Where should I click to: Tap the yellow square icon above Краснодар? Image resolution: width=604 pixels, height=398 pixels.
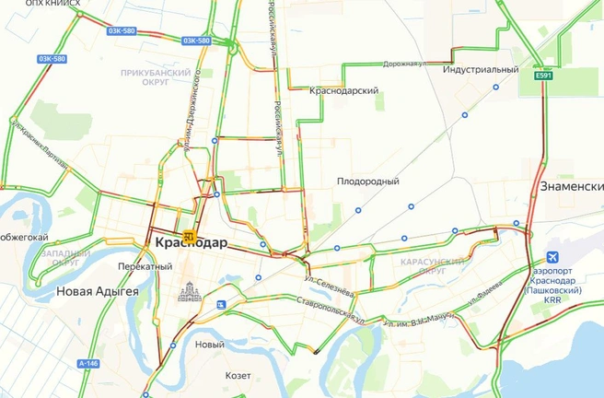[189, 235]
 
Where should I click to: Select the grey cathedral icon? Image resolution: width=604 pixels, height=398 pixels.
[189, 291]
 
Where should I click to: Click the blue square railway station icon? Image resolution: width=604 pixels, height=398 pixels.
[221, 304]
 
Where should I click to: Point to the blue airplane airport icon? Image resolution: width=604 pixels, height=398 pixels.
[552, 257]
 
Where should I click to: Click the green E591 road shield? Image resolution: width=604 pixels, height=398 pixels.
[544, 76]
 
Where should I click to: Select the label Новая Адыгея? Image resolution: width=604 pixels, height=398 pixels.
[97, 291]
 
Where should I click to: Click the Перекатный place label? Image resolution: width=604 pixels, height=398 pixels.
[145, 266]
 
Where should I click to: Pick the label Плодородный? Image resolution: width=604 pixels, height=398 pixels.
[367, 181]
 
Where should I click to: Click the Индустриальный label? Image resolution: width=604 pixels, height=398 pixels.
[480, 69]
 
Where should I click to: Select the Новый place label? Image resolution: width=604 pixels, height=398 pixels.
[210, 345]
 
